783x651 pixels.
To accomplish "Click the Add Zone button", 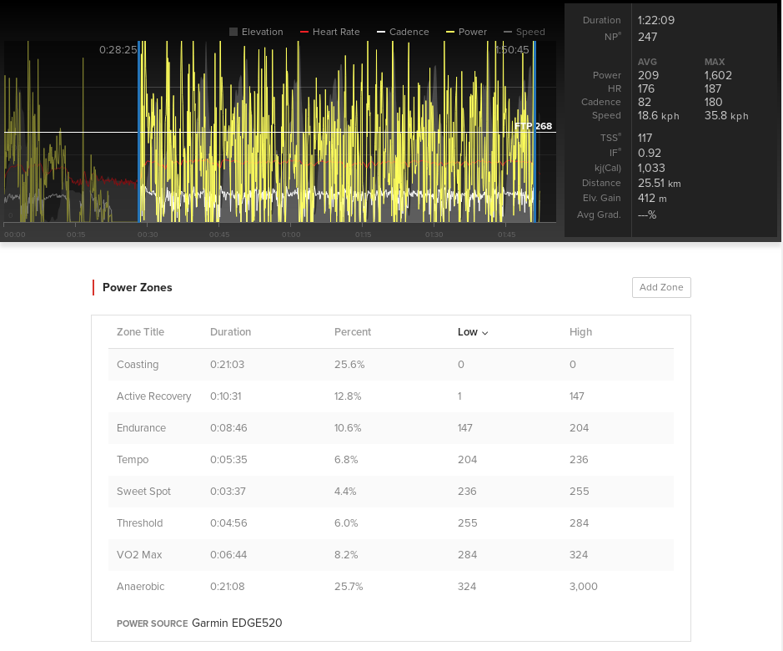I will click(661, 287).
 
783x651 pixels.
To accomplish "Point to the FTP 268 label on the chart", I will click(534, 126).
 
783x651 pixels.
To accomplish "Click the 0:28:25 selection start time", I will click(118, 50).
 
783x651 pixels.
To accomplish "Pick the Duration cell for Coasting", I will click(227, 365).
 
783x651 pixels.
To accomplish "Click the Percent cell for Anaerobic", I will click(349, 587).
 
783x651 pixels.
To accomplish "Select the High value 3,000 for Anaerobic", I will click(584, 587).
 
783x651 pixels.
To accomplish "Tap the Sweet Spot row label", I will click(143, 492).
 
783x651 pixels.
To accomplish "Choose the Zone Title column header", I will click(140, 332).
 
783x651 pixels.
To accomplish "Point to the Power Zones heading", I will click(138, 287).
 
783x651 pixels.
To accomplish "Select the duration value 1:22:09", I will click(656, 20).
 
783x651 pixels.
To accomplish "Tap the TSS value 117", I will click(645, 138).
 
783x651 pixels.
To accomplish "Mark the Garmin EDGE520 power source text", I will click(237, 623).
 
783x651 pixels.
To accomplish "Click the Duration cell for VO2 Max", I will click(227, 555).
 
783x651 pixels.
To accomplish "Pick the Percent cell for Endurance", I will click(349, 428).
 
